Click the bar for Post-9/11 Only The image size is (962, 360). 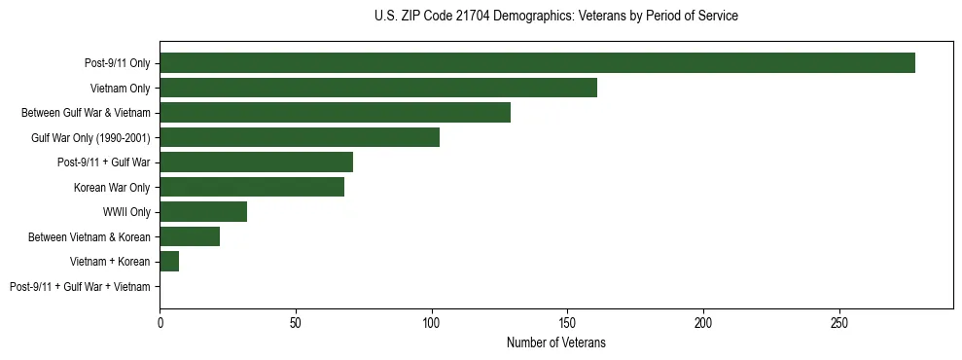pos(537,63)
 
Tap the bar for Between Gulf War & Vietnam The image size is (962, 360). pos(335,113)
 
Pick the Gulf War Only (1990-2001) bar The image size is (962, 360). pos(300,137)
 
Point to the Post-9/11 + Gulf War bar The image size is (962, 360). pos(256,162)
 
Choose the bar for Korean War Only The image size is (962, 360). pos(252,187)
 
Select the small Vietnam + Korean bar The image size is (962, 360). pos(169,261)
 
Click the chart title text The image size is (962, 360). pos(555,17)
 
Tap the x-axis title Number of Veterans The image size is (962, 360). pos(555,343)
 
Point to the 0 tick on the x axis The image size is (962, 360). pos(160,321)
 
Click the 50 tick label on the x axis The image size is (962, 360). pos(296,321)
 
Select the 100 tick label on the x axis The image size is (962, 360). pos(432,321)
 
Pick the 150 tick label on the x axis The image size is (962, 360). pos(568,321)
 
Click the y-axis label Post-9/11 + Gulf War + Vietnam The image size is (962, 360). pos(80,286)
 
